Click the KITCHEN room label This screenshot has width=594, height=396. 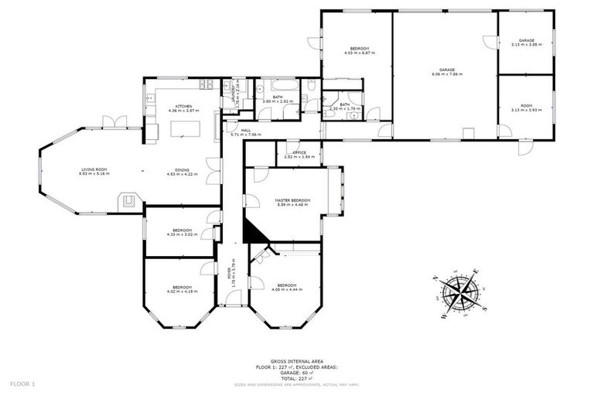click(x=183, y=106)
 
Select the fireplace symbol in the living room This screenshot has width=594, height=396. click(x=129, y=202)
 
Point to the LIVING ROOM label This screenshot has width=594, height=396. click(x=94, y=169)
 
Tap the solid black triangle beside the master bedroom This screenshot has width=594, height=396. click(x=251, y=230)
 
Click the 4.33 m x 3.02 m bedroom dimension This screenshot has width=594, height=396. click(x=183, y=234)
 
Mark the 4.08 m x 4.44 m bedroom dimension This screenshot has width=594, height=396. click(x=286, y=288)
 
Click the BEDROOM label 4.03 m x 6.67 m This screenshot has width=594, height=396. click(x=358, y=53)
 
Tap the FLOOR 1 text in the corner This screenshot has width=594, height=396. click(x=22, y=383)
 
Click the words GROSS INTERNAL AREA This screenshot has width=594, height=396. click(x=297, y=361)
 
